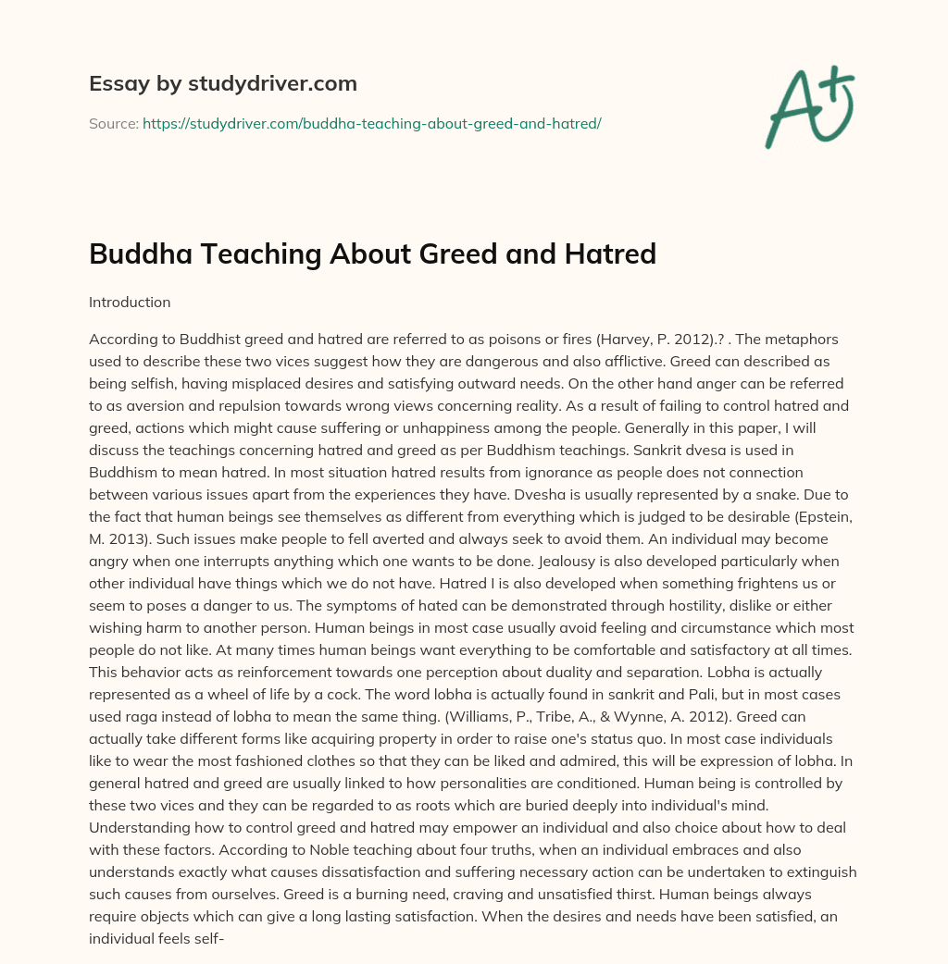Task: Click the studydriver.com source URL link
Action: pos(371,123)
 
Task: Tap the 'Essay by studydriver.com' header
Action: pos(222,83)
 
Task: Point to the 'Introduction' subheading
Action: pos(130,302)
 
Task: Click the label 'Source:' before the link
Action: pos(114,123)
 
